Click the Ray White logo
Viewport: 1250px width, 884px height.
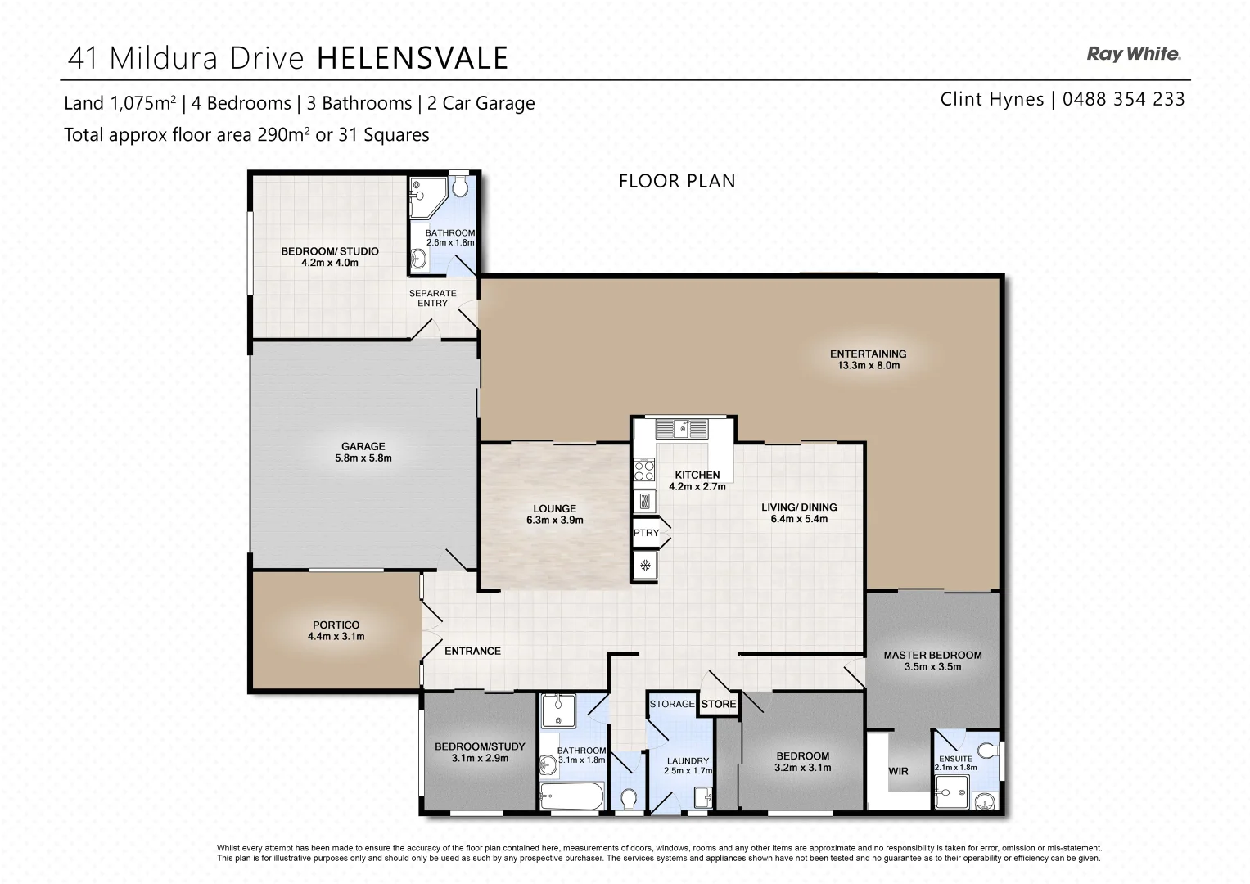(1133, 54)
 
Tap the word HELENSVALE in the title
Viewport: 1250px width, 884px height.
(412, 58)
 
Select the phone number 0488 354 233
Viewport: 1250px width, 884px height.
(1123, 99)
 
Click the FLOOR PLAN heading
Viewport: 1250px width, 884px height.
(677, 181)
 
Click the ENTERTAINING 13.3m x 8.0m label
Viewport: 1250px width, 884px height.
(868, 359)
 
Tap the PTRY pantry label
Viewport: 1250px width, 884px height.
(646, 533)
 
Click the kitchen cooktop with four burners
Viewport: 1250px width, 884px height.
(644, 471)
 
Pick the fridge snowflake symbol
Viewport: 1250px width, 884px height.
(645, 565)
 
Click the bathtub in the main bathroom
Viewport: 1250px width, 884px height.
(571, 796)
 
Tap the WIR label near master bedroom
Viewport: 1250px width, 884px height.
(898, 771)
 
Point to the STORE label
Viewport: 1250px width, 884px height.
(718, 704)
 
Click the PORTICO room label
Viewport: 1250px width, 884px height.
(336, 630)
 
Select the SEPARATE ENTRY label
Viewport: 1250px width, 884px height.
(432, 298)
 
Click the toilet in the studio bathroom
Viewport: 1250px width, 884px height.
(459, 188)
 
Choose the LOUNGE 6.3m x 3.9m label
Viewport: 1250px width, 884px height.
(554, 514)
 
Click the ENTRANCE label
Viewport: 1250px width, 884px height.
(472, 651)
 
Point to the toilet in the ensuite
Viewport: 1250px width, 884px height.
(988, 751)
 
